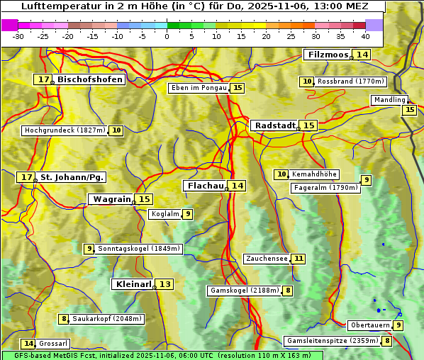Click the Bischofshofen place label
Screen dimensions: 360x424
point(90,80)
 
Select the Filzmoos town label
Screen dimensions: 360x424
point(328,55)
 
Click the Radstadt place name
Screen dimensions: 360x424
point(275,125)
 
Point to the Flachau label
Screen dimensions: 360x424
point(205,186)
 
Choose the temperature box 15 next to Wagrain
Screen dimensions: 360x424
point(145,199)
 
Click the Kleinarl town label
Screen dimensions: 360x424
point(133,284)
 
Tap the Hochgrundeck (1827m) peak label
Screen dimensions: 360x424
point(65,130)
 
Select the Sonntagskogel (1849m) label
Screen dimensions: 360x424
point(139,249)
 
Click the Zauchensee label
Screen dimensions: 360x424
point(267,259)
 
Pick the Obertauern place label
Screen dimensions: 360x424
point(370,325)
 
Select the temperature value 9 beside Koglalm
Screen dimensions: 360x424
point(187,214)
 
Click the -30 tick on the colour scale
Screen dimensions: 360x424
point(18,36)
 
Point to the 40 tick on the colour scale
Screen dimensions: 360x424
point(365,36)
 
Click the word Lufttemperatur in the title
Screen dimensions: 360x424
point(54,6)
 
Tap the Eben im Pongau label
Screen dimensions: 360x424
point(199,88)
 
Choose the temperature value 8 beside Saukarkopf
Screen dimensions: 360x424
point(64,319)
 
